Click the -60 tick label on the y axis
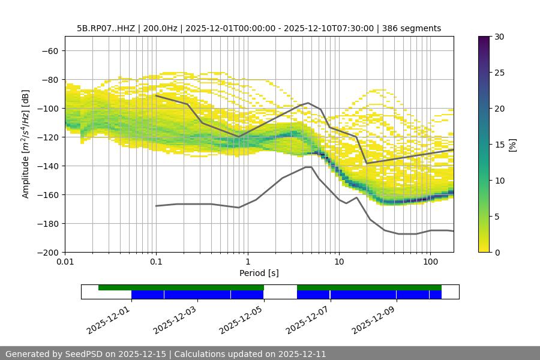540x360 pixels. (x=50, y=51)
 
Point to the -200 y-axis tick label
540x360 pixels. (x=47, y=253)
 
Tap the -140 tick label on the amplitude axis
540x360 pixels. (x=47, y=166)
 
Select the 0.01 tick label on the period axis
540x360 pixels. (x=65, y=262)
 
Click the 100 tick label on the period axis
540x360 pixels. (x=430, y=262)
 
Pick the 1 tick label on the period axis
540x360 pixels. (x=247, y=262)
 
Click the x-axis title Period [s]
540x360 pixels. (x=259, y=273)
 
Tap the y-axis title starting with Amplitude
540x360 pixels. (x=26, y=144)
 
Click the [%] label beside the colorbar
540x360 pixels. (x=512, y=145)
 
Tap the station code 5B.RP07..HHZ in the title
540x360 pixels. (x=106, y=28)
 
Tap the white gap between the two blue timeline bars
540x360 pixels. (x=280, y=295)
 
